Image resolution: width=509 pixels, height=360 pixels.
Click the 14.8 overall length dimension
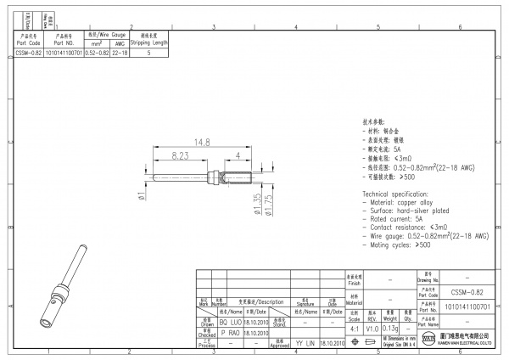click(x=201, y=143)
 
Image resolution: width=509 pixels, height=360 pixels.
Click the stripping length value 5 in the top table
click(x=149, y=53)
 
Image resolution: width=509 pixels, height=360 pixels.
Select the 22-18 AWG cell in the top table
click(x=120, y=53)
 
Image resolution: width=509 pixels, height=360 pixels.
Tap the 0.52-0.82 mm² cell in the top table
click(x=97, y=53)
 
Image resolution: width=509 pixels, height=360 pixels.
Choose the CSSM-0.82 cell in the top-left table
click(x=28, y=53)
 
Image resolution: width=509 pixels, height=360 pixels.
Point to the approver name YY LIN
click(x=305, y=344)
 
